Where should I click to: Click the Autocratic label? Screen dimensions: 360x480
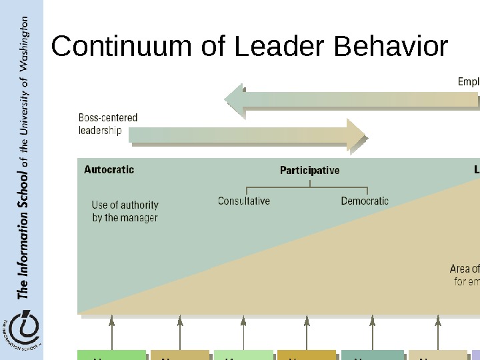pyautogui.click(x=109, y=169)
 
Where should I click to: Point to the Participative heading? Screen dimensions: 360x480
pyautogui.click(x=309, y=170)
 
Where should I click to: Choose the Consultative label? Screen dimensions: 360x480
pyautogui.click(x=244, y=201)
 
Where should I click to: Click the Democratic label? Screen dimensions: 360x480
pyautogui.click(x=365, y=201)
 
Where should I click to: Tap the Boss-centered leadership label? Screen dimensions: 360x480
pyautogui.click(x=108, y=124)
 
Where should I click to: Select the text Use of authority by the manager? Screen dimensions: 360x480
pyautogui.click(x=125, y=211)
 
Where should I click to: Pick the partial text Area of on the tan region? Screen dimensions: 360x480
pyautogui.click(x=465, y=269)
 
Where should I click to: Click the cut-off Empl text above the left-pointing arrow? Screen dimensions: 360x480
pyautogui.click(x=468, y=82)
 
